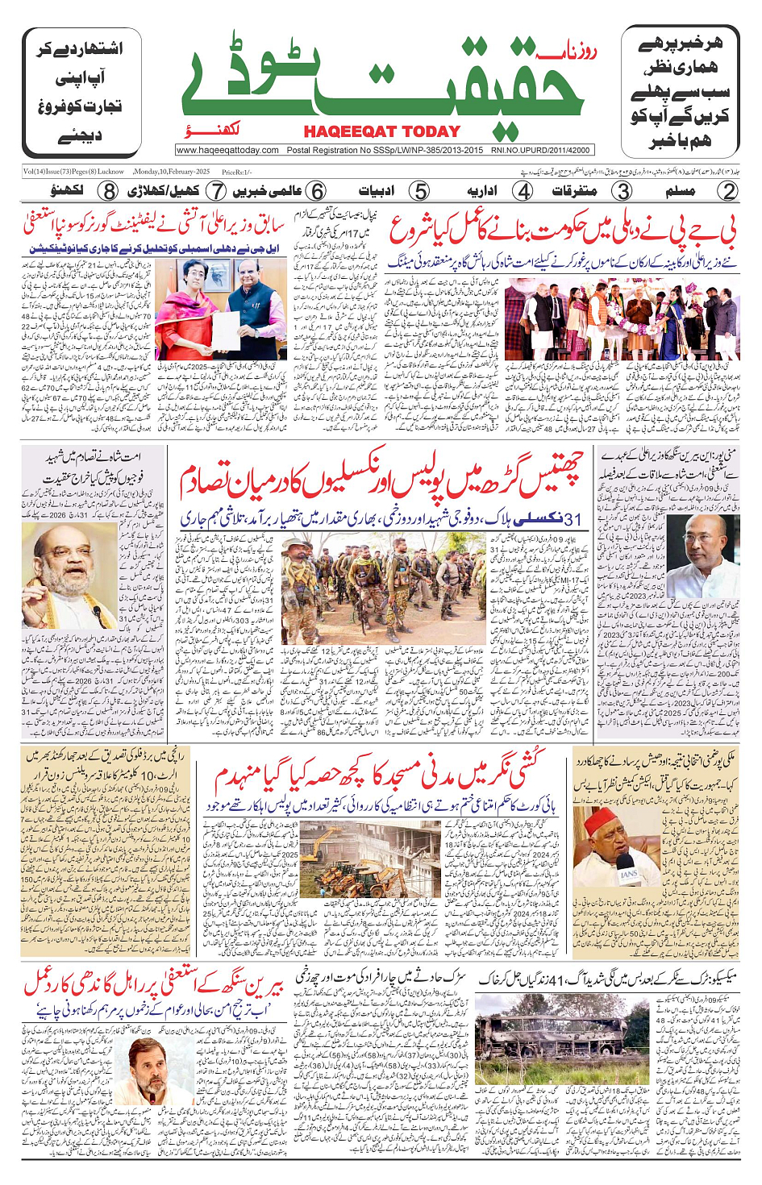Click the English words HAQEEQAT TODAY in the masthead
pos(381,131)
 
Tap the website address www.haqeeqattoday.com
pos(227,150)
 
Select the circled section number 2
pos(727,191)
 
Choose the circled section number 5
pos(419,191)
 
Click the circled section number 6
pos(317,191)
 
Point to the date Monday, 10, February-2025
pos(172,172)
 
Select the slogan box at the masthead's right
pos(680,93)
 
